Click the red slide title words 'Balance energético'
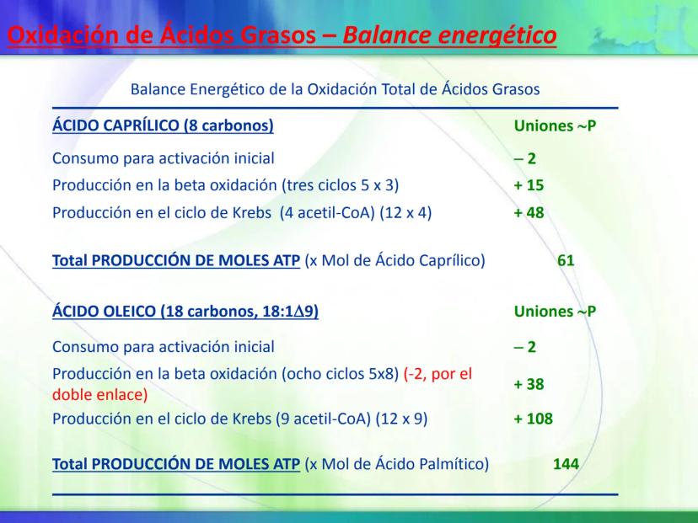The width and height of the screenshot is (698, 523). click(x=449, y=35)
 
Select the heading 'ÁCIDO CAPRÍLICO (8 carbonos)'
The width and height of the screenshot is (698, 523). click(x=163, y=125)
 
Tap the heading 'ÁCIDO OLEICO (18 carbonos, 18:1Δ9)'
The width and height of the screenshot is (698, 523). click(x=185, y=311)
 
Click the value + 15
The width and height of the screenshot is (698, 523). click(x=529, y=185)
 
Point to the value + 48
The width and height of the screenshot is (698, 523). click(x=529, y=212)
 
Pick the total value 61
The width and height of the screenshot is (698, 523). click(x=566, y=260)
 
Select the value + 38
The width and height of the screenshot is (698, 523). click(x=529, y=384)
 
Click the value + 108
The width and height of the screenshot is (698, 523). click(x=534, y=419)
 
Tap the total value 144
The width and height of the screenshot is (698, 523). click(x=566, y=464)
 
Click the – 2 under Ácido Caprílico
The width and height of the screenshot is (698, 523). click(x=525, y=158)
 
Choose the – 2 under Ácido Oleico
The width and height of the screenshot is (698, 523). click(x=525, y=346)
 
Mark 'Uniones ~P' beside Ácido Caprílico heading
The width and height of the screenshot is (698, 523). click(x=555, y=125)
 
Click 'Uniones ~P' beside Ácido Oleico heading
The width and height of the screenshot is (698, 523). click(x=555, y=312)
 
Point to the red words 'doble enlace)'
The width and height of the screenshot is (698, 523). click(x=99, y=394)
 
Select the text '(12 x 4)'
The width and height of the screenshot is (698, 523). click(x=405, y=212)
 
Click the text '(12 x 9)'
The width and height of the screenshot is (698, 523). click(x=401, y=419)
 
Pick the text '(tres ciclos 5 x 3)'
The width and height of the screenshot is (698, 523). click(x=341, y=185)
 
